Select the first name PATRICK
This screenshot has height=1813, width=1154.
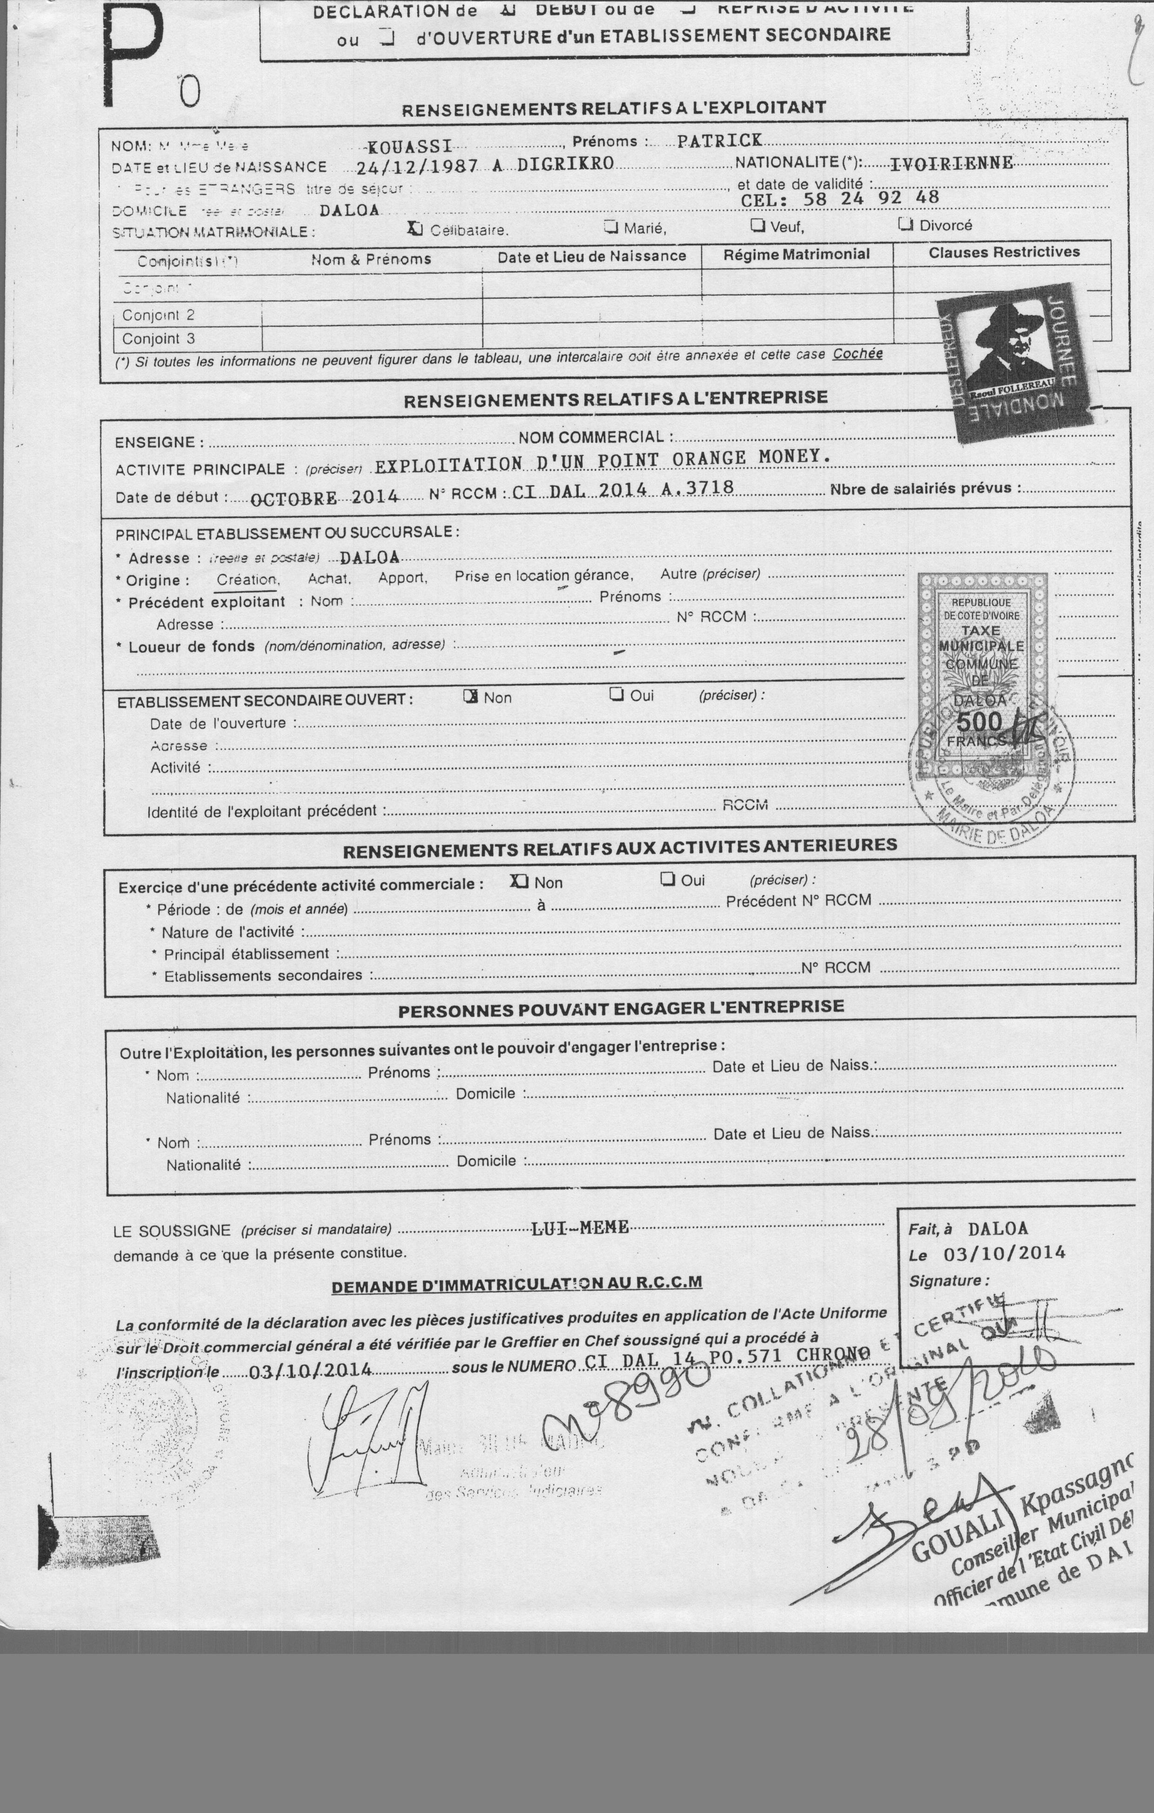point(719,141)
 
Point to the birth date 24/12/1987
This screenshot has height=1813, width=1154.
point(416,167)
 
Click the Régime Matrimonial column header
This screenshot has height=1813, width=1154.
point(796,254)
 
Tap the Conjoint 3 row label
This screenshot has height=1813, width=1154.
point(158,339)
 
